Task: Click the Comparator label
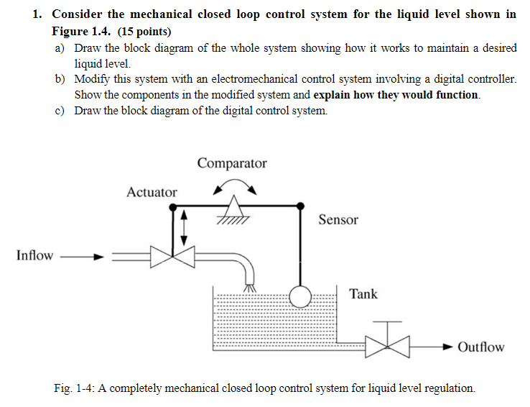231,163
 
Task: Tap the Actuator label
152,192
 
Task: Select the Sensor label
338,220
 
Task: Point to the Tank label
363,293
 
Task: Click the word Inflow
34,255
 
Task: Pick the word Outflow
480,347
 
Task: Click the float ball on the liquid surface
300,295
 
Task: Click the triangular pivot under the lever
231,211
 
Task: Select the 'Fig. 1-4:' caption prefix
75,388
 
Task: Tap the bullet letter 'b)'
61,78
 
